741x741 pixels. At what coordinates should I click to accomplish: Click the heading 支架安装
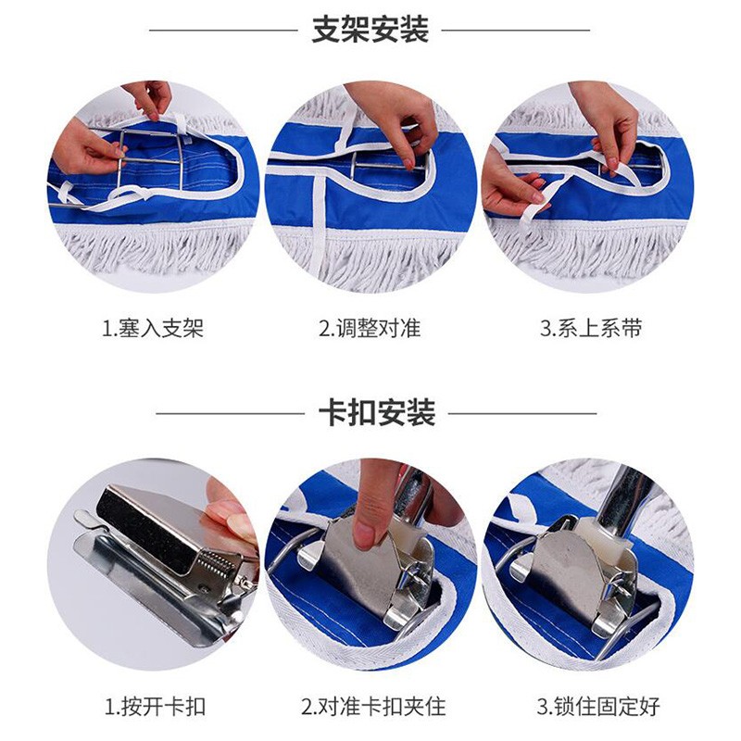(x=370, y=30)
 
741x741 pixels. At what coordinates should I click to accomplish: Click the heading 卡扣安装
(x=377, y=412)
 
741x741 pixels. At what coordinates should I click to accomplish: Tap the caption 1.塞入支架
(x=153, y=328)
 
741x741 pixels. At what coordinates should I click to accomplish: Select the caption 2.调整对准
(x=370, y=328)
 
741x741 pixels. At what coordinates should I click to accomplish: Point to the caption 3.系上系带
(x=591, y=328)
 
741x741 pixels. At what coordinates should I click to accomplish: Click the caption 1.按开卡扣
(x=155, y=707)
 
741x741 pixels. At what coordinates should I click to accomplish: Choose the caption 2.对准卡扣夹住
(x=374, y=707)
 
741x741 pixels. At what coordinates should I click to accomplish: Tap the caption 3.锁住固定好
(x=598, y=707)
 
